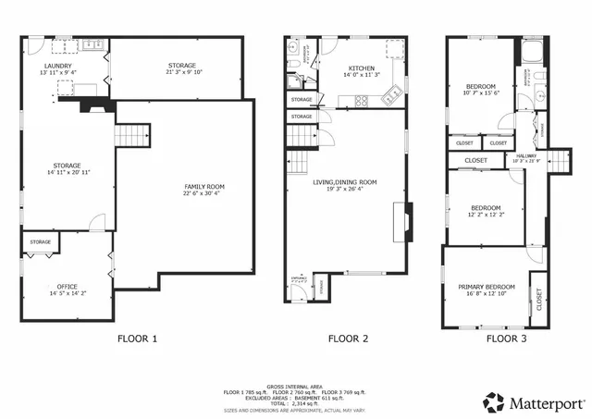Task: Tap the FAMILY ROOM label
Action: (203, 187)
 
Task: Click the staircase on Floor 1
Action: (132, 137)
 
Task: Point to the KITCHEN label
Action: (361, 68)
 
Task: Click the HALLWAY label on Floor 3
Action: (525, 155)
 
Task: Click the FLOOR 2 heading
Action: (349, 339)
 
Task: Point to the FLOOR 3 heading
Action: (506, 339)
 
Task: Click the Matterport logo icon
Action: (494, 401)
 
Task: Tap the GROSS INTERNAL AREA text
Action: (295, 386)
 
